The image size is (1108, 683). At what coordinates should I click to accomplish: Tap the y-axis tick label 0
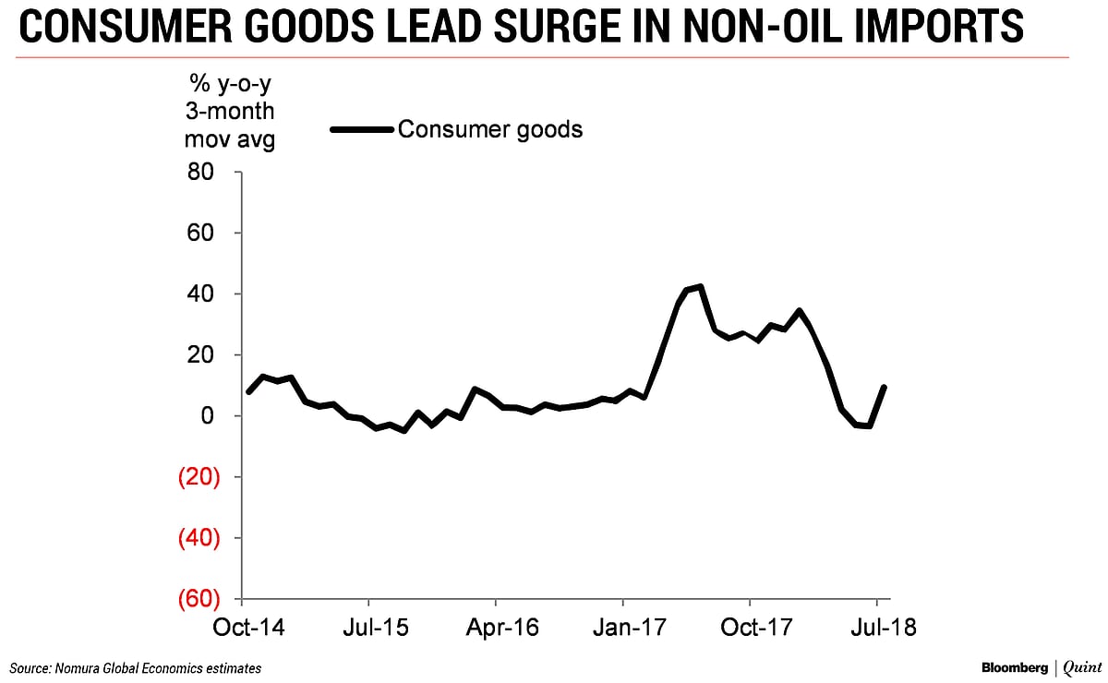tap(209, 416)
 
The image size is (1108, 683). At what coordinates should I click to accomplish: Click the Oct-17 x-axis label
tap(749, 628)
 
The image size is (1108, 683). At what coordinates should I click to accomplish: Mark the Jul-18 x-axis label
tap(876, 628)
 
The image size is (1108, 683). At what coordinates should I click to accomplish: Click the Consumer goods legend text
tap(489, 129)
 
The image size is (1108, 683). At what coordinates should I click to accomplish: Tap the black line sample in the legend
tap(361, 130)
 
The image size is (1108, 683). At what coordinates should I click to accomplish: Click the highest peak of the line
tap(701, 286)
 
